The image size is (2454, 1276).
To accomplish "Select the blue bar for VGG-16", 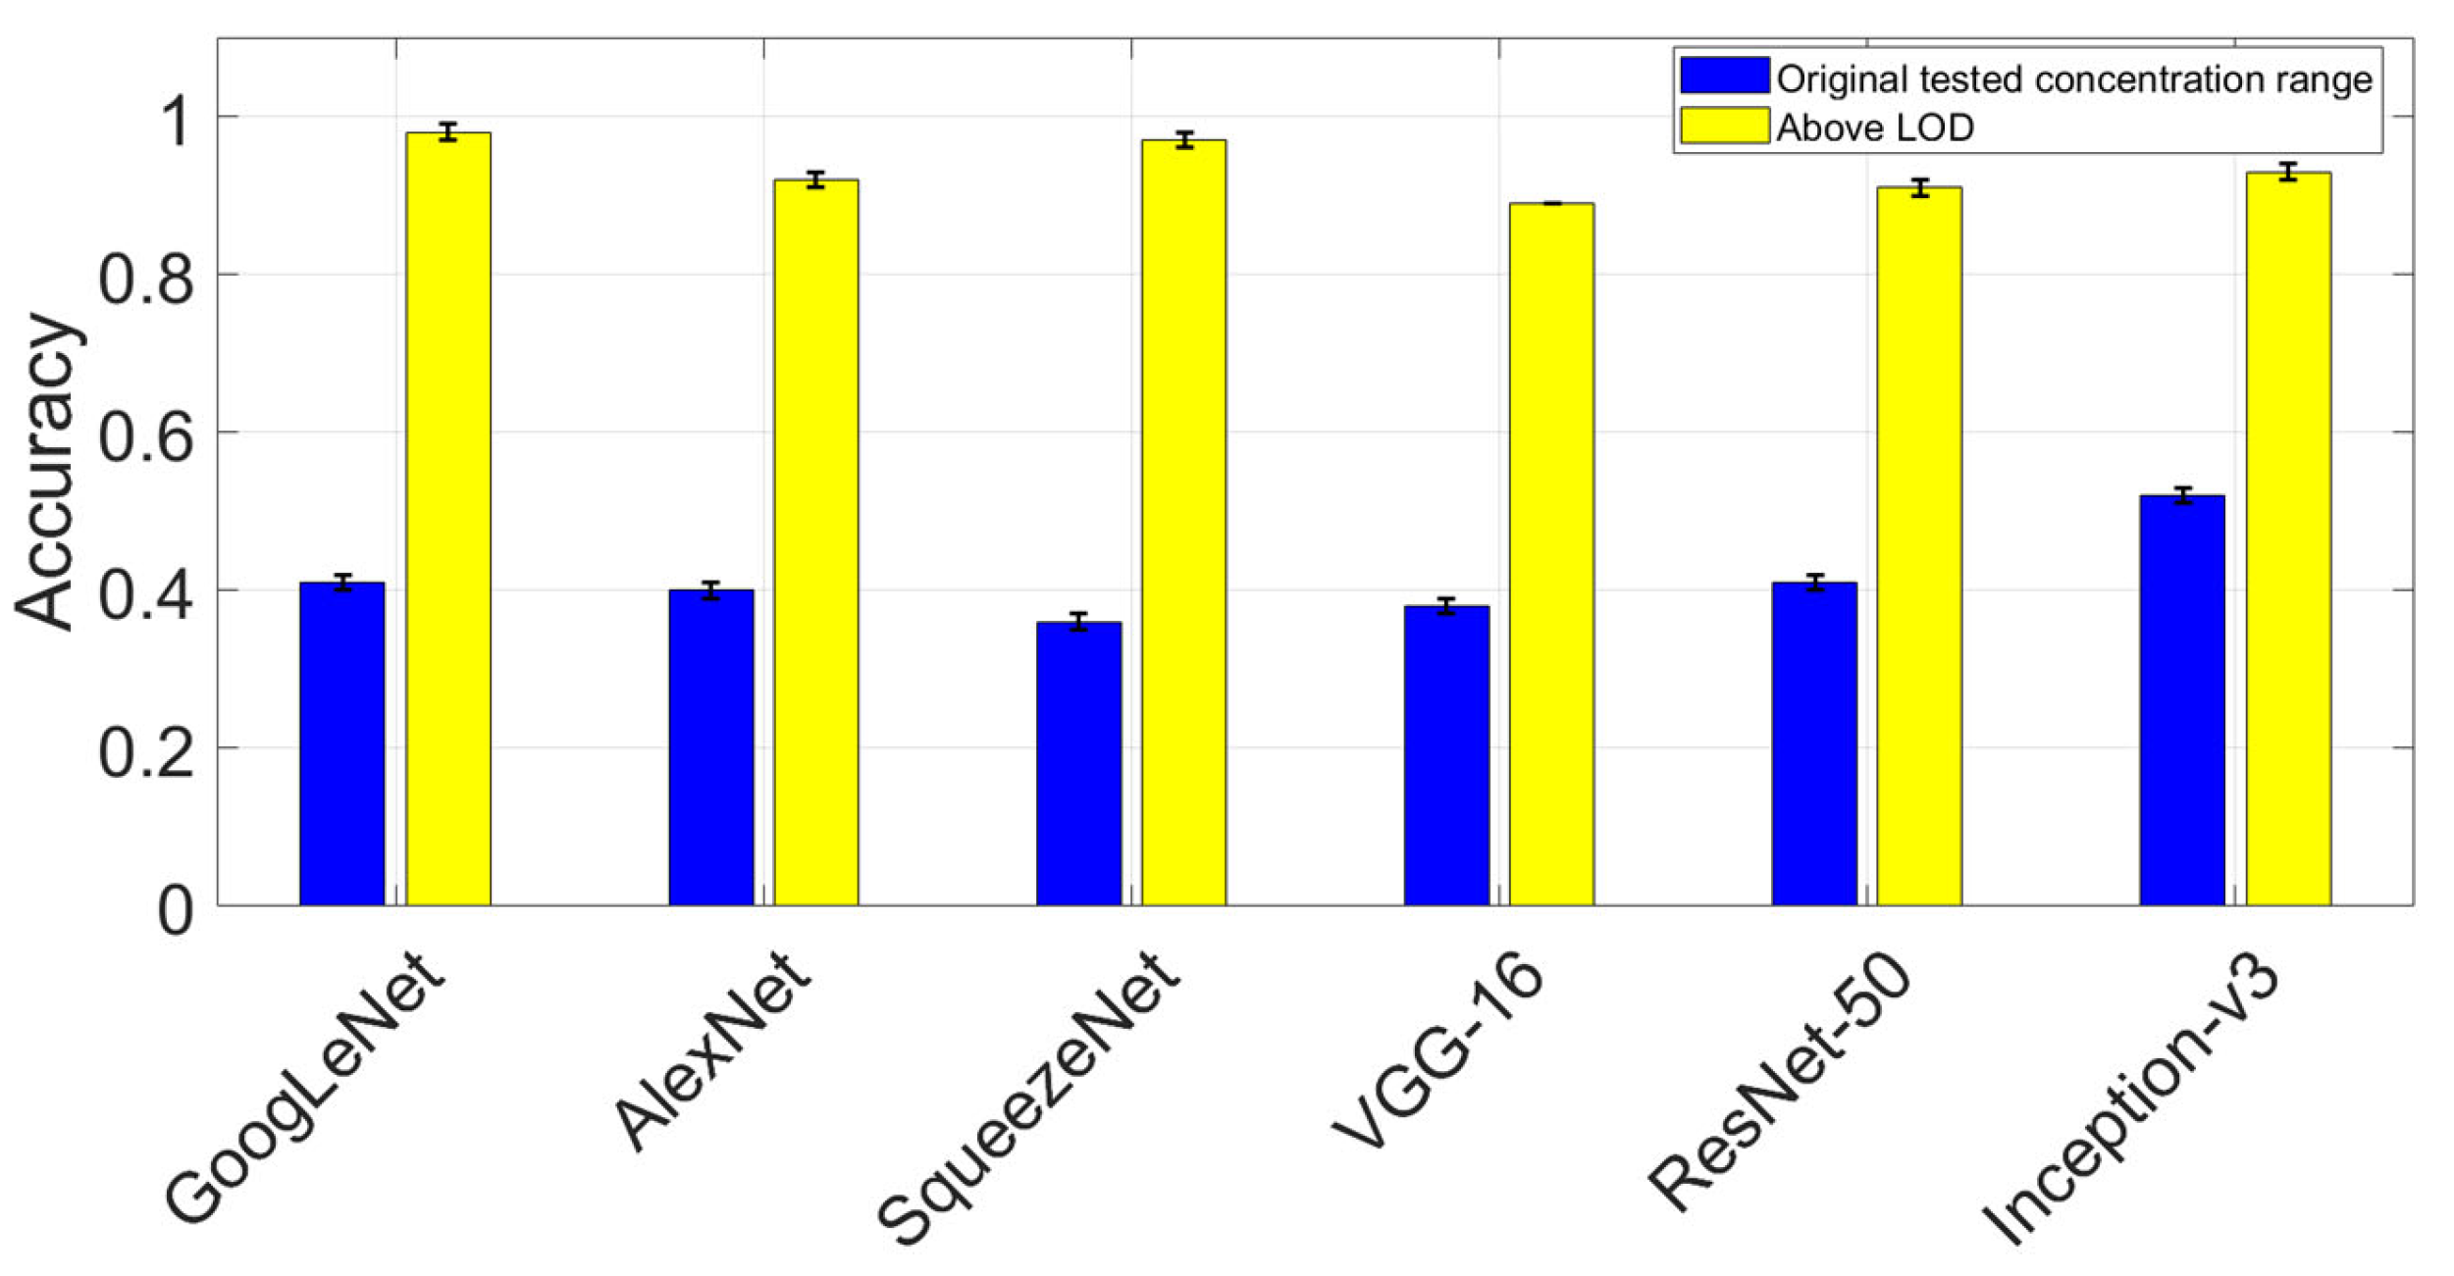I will click(x=1445, y=755).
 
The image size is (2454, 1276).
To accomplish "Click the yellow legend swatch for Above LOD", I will click(x=1724, y=126).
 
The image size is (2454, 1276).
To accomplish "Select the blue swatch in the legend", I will click(x=1724, y=76).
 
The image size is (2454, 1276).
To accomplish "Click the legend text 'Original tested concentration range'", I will click(x=2073, y=79).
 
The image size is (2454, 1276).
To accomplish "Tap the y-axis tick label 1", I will click(x=177, y=123).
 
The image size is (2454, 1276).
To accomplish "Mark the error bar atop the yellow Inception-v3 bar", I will click(x=2288, y=172).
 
